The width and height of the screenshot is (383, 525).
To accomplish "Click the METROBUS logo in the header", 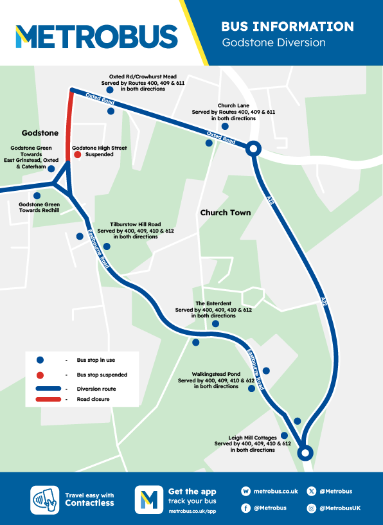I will pyautogui.click(x=96, y=36).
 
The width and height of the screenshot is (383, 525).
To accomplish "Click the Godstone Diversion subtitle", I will pyautogui.click(x=273, y=42).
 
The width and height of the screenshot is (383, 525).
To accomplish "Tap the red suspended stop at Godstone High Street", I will pyautogui.click(x=77, y=154).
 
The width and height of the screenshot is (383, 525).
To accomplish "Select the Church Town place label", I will pyautogui.click(x=225, y=212).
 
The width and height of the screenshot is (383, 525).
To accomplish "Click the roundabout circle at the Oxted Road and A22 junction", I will pyautogui.click(x=253, y=149).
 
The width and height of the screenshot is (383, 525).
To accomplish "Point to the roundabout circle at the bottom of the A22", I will pyautogui.click(x=306, y=453).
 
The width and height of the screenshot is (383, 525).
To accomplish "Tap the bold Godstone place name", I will pyautogui.click(x=40, y=133).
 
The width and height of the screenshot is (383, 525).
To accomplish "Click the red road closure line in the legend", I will pyautogui.click(x=48, y=400).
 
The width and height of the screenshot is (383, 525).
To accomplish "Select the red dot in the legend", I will pyautogui.click(x=40, y=375).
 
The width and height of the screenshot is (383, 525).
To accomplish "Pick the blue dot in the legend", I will pyautogui.click(x=40, y=360).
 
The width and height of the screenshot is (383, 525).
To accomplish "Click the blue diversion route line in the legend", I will pyautogui.click(x=48, y=389).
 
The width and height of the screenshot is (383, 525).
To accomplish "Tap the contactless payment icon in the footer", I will pyautogui.click(x=45, y=499).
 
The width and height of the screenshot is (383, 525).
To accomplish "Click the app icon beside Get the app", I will pyautogui.click(x=148, y=499).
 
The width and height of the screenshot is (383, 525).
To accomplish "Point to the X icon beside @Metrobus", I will pyautogui.click(x=312, y=492).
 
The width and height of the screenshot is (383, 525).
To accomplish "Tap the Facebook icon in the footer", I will pyautogui.click(x=246, y=508).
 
